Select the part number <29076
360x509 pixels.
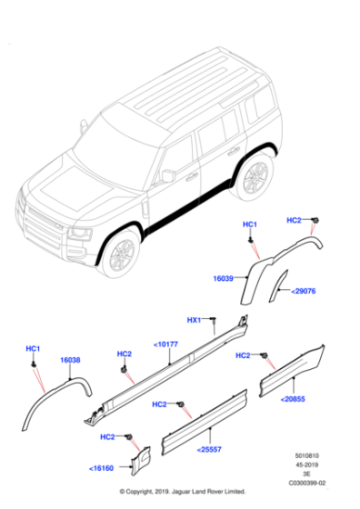(x=304, y=292)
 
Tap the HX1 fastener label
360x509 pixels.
(x=194, y=320)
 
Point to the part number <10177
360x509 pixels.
(x=166, y=344)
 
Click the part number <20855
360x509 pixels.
(x=294, y=398)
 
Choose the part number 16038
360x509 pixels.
(x=71, y=361)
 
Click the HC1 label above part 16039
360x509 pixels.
(x=250, y=224)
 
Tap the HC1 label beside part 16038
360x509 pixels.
(x=33, y=348)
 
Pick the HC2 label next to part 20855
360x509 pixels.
(x=243, y=355)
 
